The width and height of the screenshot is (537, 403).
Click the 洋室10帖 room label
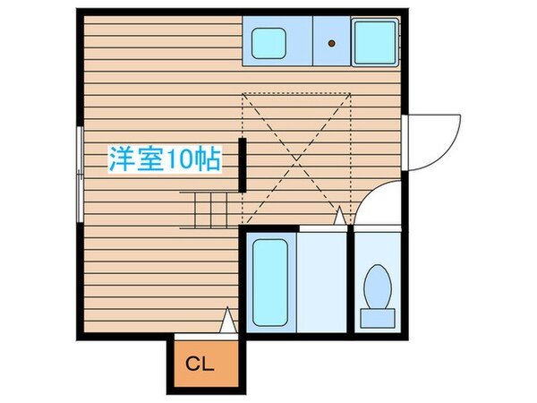pyautogui.click(x=165, y=162)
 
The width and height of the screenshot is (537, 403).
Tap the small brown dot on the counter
pyautogui.click(x=331, y=41)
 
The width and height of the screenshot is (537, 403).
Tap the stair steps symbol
pyautogui.click(x=211, y=210)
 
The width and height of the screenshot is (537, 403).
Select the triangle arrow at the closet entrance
pyautogui.click(x=228, y=319)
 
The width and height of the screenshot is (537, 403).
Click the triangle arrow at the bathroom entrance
pyautogui.click(x=339, y=216)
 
